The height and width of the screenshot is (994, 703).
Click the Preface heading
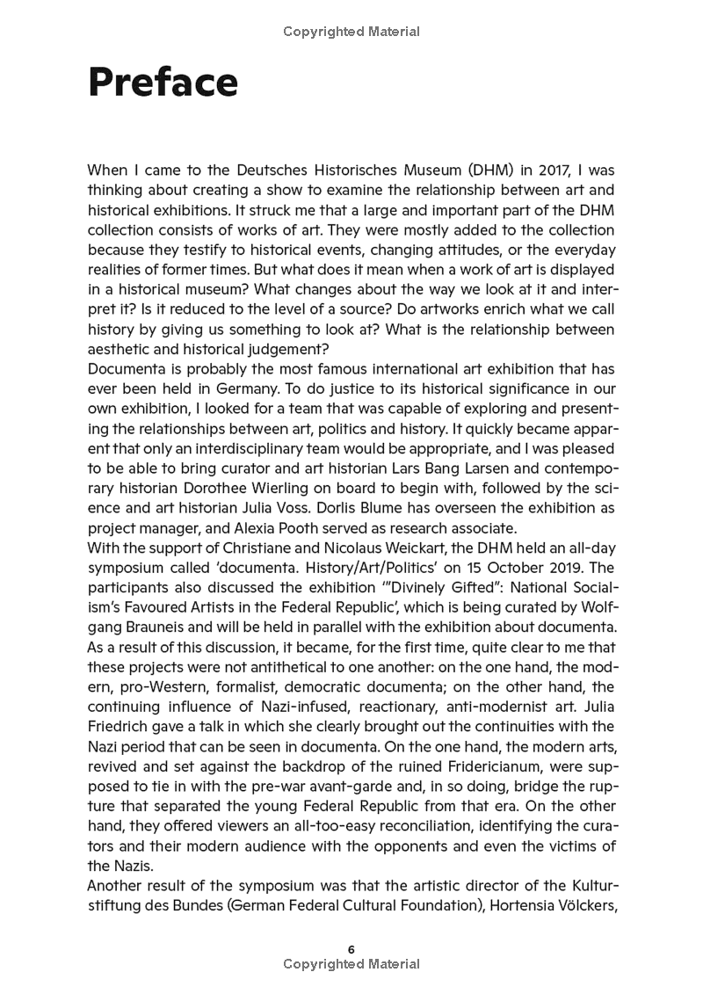(163, 83)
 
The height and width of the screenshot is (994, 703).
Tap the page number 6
(351, 949)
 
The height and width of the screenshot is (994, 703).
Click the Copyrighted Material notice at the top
(351, 33)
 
